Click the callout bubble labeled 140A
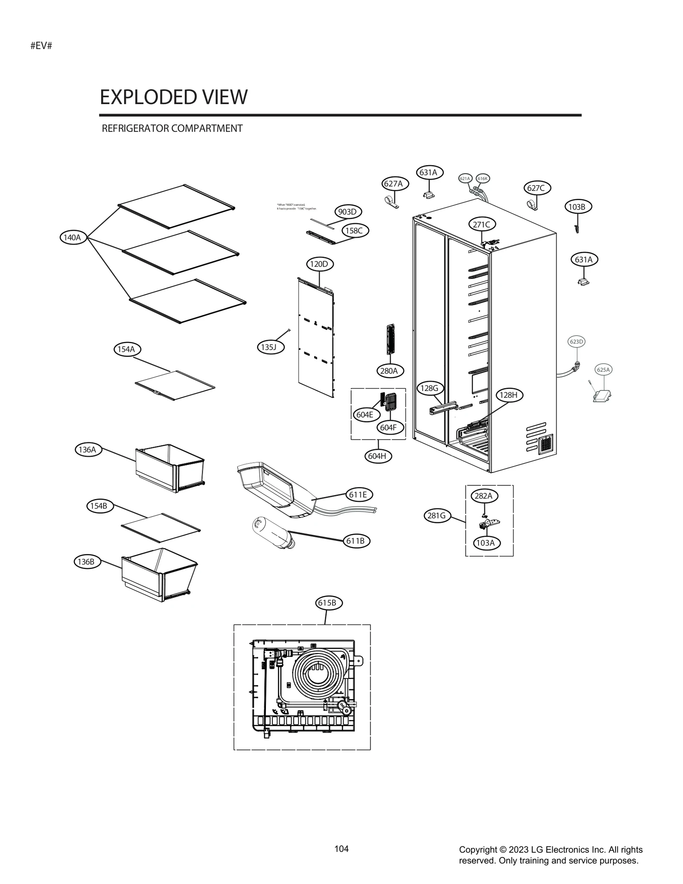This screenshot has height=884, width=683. point(73,237)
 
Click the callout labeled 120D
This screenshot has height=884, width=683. point(319,264)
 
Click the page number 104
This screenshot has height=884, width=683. point(341,849)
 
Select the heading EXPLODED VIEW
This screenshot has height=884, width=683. point(173,97)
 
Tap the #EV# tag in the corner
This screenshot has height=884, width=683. point(41,46)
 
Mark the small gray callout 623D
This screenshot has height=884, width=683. point(576,341)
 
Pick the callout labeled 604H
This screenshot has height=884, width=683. point(378,456)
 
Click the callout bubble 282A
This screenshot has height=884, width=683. point(484,496)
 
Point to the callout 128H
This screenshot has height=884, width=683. point(509,395)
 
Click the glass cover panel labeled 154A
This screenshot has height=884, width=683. point(175,385)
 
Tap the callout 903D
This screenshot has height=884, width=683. point(347,212)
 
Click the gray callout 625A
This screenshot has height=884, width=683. point(603,370)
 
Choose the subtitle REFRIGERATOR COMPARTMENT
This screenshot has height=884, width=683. point(172,128)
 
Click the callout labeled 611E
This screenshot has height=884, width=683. point(359,494)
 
